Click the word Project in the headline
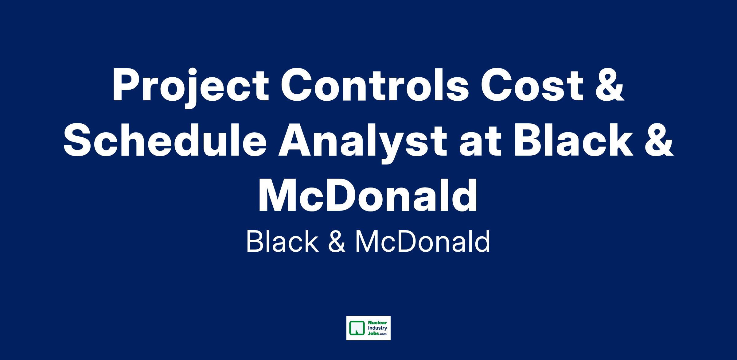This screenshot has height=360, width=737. pos(191,87)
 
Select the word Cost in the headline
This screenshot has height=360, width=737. pos(532,85)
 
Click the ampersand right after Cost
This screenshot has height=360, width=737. pos(610,85)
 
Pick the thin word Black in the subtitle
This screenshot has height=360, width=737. pos(282,242)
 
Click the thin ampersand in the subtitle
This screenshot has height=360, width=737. pos(337,242)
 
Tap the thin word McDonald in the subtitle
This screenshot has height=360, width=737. pos(423,242)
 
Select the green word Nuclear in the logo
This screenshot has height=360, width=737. pos(377,323)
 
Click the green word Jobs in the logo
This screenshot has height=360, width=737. pos(373,334)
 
